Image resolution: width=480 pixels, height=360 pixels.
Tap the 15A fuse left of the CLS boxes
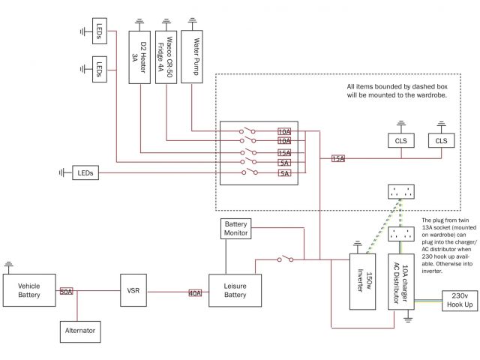click(338, 158)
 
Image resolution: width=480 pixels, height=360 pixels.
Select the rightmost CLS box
click(440, 140)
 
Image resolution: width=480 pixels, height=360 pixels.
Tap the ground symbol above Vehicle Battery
click(9, 265)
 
